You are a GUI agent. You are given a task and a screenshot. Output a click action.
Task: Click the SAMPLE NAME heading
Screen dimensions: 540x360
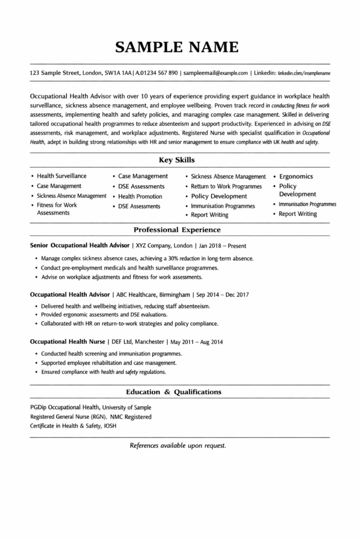[x=177, y=47]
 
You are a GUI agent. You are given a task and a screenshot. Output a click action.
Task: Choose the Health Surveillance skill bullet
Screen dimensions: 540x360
[x=62, y=176]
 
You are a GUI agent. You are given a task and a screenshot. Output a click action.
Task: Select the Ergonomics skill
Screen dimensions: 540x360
[x=296, y=177]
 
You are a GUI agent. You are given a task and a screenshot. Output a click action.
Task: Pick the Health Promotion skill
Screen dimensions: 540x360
[x=140, y=196]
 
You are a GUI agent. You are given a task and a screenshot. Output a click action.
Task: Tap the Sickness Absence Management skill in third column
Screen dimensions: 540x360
[x=228, y=177]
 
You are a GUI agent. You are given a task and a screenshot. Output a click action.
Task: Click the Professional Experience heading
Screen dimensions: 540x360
[x=177, y=230]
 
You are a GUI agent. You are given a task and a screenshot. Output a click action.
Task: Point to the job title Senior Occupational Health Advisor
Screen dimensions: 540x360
[x=80, y=246]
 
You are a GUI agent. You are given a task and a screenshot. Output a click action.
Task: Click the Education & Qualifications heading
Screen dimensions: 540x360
[x=174, y=392]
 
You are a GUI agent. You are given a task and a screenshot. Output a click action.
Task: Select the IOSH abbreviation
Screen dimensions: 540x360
[x=110, y=426]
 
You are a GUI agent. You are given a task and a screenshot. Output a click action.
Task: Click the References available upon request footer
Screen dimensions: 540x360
[x=178, y=446]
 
